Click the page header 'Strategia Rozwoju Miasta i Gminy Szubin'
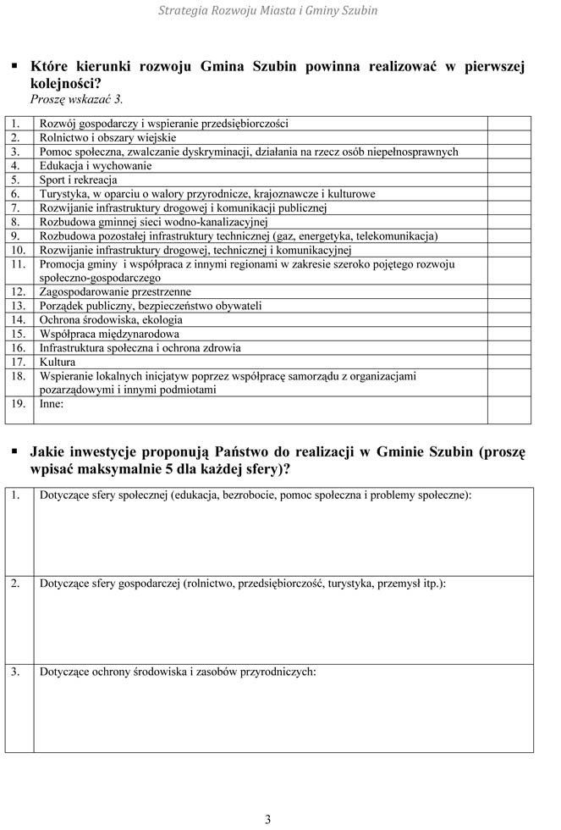[x=268, y=11]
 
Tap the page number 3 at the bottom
[x=268, y=819]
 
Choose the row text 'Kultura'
[x=58, y=362]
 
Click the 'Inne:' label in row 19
[x=52, y=405]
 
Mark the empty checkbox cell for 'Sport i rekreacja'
[x=509, y=180]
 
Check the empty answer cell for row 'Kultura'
[x=509, y=362]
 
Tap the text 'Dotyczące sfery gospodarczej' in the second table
[x=111, y=584]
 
